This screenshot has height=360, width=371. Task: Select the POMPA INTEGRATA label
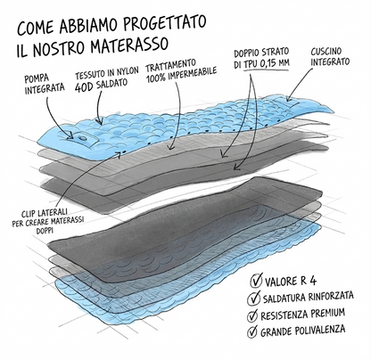click(x=45, y=84)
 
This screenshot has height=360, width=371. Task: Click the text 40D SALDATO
click(x=101, y=86)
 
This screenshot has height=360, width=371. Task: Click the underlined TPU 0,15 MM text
click(x=267, y=63)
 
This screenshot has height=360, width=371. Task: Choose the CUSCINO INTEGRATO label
click(x=330, y=57)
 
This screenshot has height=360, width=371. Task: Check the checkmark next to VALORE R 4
click(x=256, y=280)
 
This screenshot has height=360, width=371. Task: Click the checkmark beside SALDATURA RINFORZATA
click(x=253, y=298)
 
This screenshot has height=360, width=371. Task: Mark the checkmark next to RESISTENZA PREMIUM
click(x=252, y=315)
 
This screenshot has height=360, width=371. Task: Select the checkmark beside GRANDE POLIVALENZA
click(x=252, y=331)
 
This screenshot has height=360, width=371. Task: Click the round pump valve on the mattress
click(x=81, y=138)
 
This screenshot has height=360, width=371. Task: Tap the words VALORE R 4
click(x=291, y=281)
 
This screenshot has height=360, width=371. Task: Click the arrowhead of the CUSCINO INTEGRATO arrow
click(x=288, y=99)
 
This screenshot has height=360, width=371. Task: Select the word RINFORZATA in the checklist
click(x=331, y=296)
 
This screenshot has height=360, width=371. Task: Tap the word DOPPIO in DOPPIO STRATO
click(x=247, y=53)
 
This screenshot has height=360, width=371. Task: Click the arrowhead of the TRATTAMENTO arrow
click(x=169, y=147)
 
